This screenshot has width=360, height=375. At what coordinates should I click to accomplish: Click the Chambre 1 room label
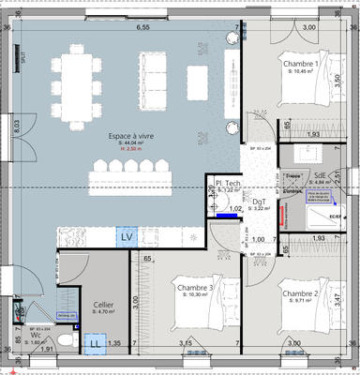[x=302, y=64]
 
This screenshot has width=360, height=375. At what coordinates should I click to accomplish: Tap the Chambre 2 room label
[x=301, y=293]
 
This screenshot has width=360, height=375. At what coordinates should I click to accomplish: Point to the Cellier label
[x=103, y=306]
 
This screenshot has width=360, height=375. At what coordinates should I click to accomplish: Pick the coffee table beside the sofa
[x=198, y=75]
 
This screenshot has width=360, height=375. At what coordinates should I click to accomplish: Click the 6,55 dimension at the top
[x=143, y=28]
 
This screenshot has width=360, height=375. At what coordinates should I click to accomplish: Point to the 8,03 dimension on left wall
[x=16, y=126]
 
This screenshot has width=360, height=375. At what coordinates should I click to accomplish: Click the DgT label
[x=260, y=202]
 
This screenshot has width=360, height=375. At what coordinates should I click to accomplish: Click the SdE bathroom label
[x=320, y=175]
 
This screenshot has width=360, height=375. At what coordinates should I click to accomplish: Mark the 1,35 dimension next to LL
[x=115, y=344]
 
